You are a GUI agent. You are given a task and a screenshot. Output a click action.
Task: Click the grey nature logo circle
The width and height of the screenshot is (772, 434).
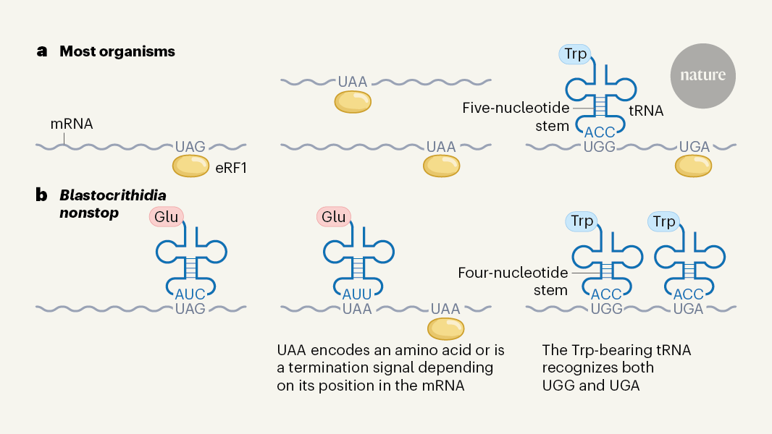click(x=702, y=75)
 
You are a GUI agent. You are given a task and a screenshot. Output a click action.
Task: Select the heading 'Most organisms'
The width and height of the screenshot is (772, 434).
click(x=117, y=51)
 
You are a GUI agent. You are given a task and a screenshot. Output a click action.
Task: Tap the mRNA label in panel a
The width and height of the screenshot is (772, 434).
click(x=71, y=124)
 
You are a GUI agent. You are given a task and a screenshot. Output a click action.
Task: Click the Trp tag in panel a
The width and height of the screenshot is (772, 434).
click(x=574, y=53)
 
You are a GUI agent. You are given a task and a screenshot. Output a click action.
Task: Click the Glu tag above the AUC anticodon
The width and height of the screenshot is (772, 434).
click(x=165, y=216)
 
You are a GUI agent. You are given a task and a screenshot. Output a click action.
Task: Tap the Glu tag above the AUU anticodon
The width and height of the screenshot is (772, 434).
click(x=333, y=216)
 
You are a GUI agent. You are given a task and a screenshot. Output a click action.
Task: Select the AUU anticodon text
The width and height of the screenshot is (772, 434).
click(x=356, y=294)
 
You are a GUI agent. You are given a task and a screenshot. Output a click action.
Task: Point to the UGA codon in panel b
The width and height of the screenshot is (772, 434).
click(x=688, y=309)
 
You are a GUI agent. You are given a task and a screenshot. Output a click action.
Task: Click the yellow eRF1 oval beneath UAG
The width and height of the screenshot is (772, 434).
click(x=190, y=167)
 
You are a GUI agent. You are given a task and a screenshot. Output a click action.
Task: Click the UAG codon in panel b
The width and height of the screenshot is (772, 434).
click(x=191, y=309)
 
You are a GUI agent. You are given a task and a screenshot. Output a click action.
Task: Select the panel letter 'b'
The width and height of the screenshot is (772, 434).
click(x=42, y=195)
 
